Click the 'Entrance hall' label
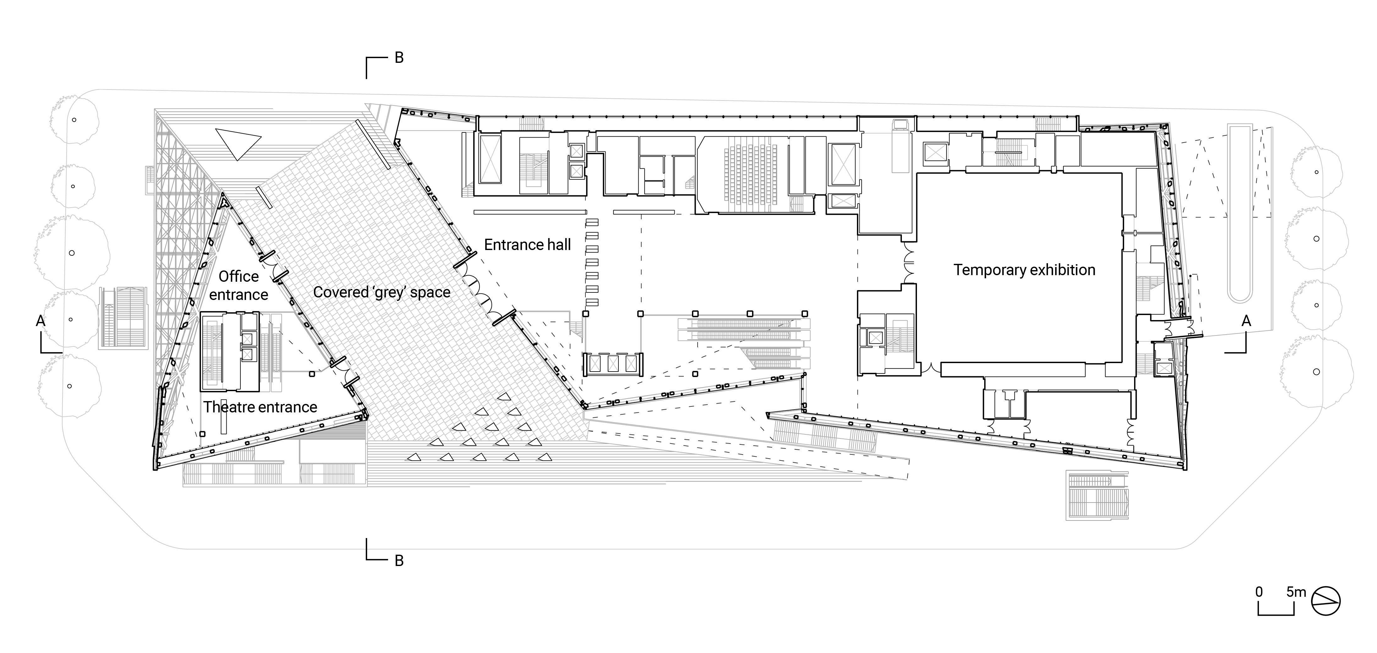tap(527, 245)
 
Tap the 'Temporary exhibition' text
tap(1024, 270)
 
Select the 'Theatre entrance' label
tap(260, 407)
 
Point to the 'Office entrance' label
tap(239, 285)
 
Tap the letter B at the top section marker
tap(399, 58)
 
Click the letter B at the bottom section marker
tap(399, 561)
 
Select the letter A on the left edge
tap(40, 321)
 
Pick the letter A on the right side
tap(1246, 321)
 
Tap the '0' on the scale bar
tap(1259, 592)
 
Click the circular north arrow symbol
tap(1326, 601)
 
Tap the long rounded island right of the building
tap(1240, 214)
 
